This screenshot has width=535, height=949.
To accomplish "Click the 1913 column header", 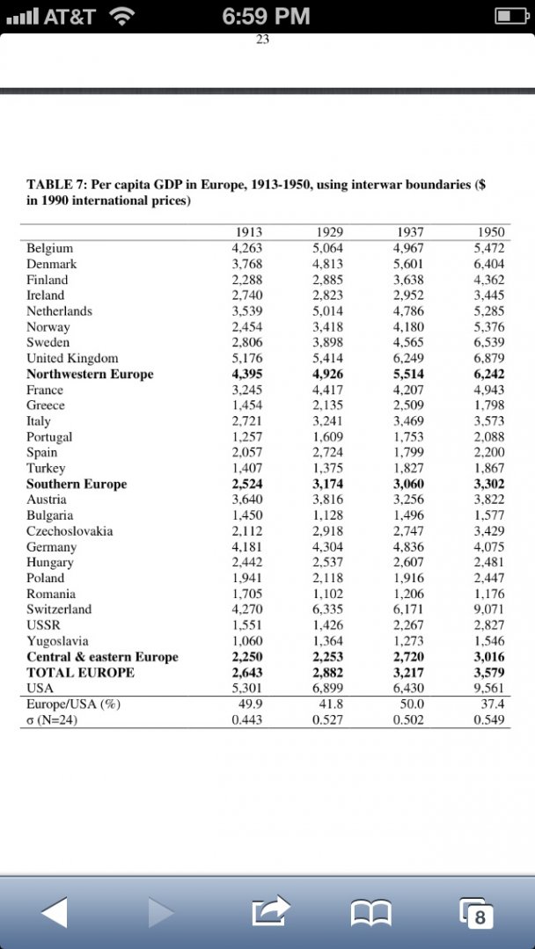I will click(x=249, y=232).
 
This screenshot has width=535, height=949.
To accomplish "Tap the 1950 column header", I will click(x=490, y=232).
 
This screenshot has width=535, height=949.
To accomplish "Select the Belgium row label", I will click(x=49, y=248).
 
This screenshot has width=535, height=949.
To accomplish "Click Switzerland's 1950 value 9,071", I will click(x=488, y=609).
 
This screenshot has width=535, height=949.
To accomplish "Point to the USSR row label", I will click(x=43, y=624).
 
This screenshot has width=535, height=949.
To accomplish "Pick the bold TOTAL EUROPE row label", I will click(x=80, y=672).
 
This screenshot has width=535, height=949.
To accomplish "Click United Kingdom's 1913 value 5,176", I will click(x=247, y=358).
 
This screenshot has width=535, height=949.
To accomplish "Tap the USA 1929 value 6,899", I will click(x=327, y=688).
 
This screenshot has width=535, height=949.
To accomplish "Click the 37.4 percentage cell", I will click(x=492, y=704).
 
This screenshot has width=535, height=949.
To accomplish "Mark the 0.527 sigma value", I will click(x=328, y=719).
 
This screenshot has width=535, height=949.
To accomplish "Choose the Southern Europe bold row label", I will click(x=77, y=484).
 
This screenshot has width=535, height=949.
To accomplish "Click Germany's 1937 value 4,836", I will click(x=408, y=546).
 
